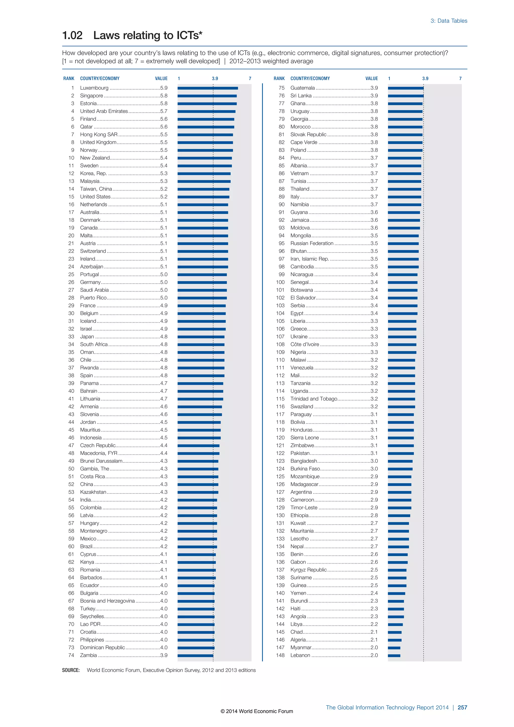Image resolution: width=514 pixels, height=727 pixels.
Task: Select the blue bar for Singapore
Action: [x=207, y=96]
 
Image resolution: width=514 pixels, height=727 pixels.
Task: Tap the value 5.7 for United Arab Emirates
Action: [x=164, y=111]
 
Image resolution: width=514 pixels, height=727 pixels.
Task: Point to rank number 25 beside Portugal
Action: [x=71, y=275]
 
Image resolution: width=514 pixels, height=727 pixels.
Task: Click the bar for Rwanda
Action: [x=201, y=368]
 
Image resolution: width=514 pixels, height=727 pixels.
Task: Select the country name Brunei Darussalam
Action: [x=101, y=461]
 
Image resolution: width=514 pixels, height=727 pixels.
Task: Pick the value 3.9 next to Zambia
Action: [x=164, y=655]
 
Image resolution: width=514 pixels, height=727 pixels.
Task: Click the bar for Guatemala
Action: [x=405, y=88]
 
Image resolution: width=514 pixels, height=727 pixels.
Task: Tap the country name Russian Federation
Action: [x=312, y=244]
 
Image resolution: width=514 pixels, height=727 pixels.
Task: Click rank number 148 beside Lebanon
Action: [x=280, y=655]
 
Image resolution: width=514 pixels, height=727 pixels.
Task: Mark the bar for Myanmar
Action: [x=394, y=648]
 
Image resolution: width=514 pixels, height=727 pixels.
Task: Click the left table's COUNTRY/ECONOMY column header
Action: [x=100, y=79]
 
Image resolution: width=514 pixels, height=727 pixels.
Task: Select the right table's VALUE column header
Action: [x=372, y=79]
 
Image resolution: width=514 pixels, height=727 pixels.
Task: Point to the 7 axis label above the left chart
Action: [x=250, y=79]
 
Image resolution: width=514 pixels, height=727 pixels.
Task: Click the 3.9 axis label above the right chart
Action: [x=425, y=79]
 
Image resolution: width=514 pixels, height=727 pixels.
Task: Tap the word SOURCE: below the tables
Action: [x=71, y=670]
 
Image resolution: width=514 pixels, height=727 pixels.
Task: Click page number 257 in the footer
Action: [x=462, y=708]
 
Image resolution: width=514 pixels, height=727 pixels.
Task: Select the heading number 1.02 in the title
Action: [x=73, y=35]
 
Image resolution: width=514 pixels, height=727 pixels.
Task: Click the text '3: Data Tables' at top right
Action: [x=448, y=21]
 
